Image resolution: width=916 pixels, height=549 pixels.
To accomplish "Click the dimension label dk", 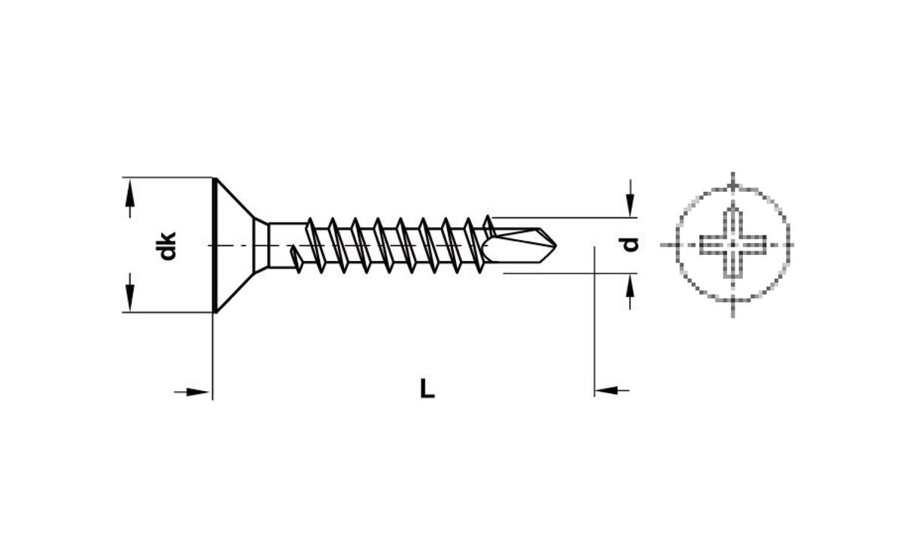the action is pos(168,246).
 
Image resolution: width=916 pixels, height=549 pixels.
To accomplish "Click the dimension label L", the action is pos(428,389).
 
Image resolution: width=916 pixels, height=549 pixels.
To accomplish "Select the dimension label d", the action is pos(630,244).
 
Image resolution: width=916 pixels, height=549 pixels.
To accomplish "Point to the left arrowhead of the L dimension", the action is pos(197,392).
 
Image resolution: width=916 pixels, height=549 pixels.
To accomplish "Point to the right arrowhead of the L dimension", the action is pos(606,390).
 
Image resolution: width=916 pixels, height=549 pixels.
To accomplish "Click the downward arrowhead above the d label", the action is pos(630,205).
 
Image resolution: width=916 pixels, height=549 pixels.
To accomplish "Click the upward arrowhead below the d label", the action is pos(630,286).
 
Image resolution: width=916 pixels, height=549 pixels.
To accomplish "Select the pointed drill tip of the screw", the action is pos(549,245).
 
